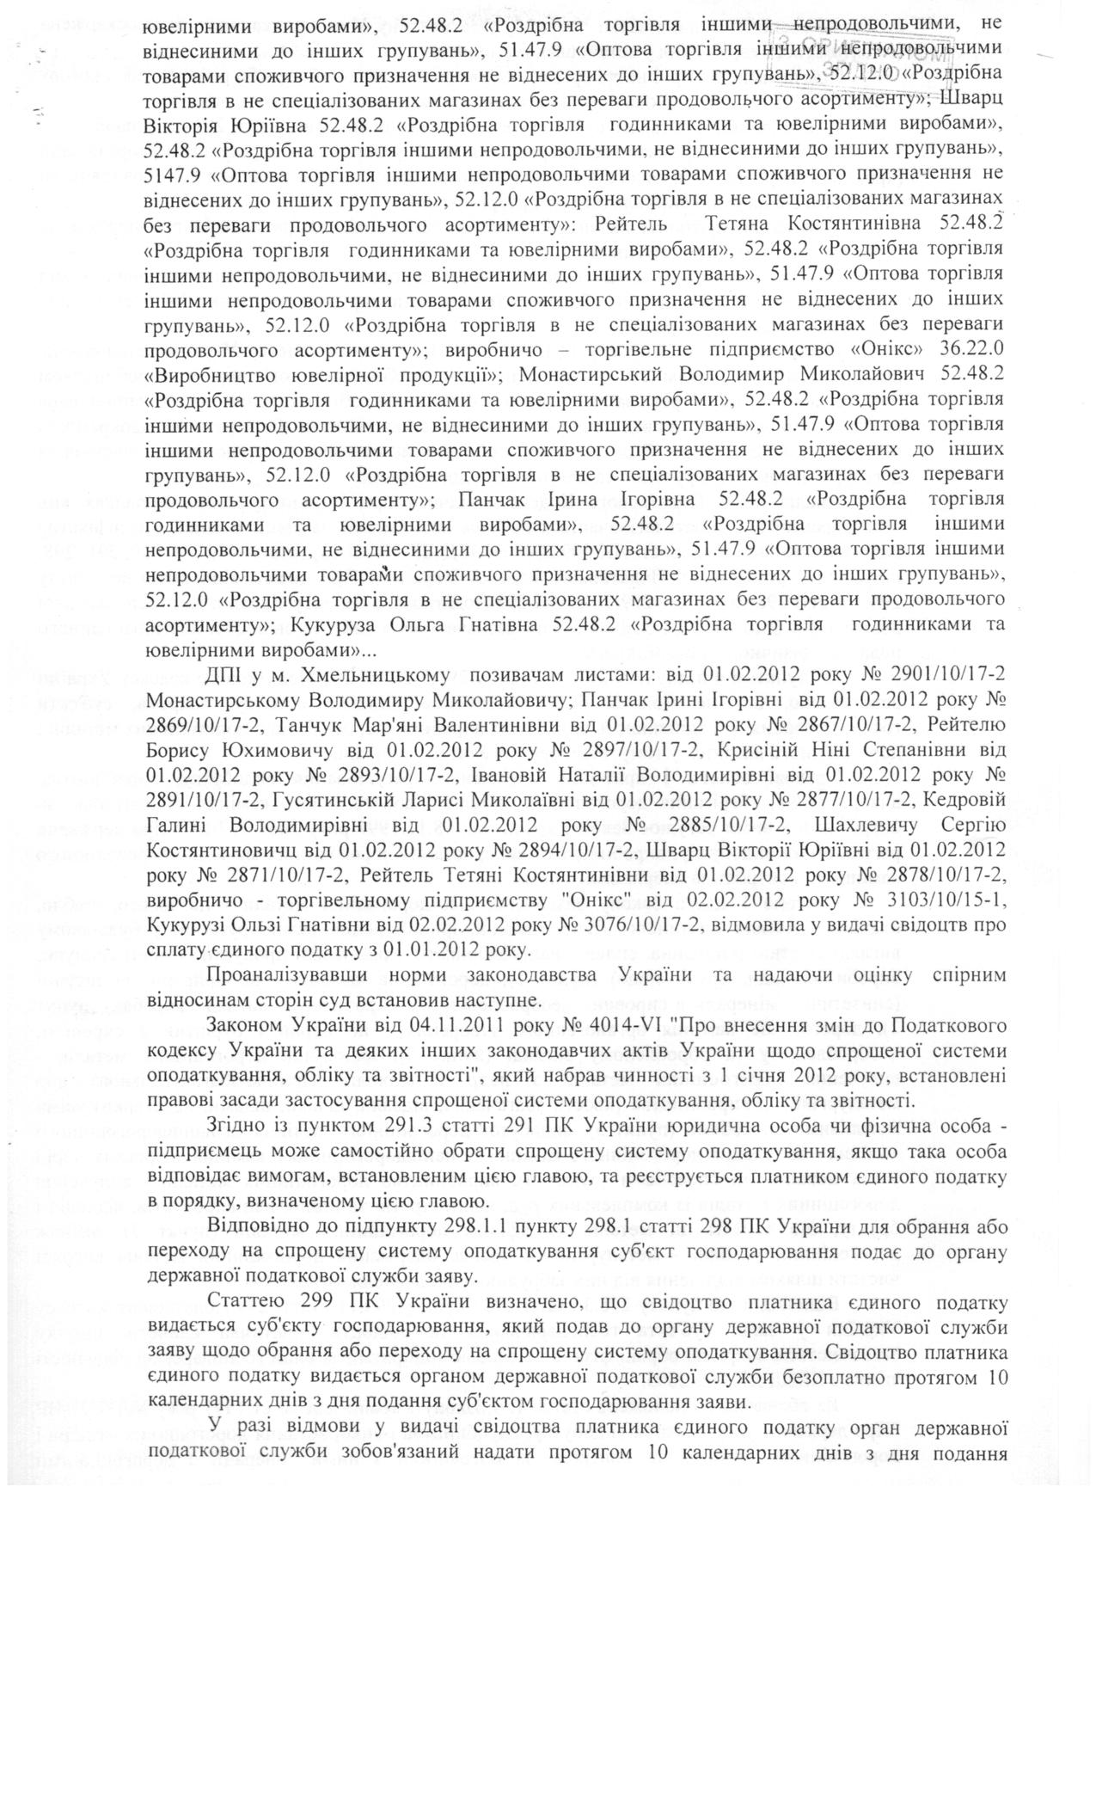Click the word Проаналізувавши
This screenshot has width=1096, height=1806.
(287, 975)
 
